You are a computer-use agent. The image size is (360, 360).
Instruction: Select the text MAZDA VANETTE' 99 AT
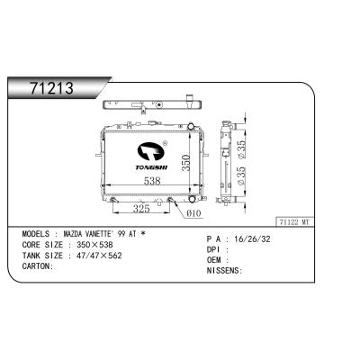click(103, 232)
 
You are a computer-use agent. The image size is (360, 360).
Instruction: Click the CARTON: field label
click(38, 265)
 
